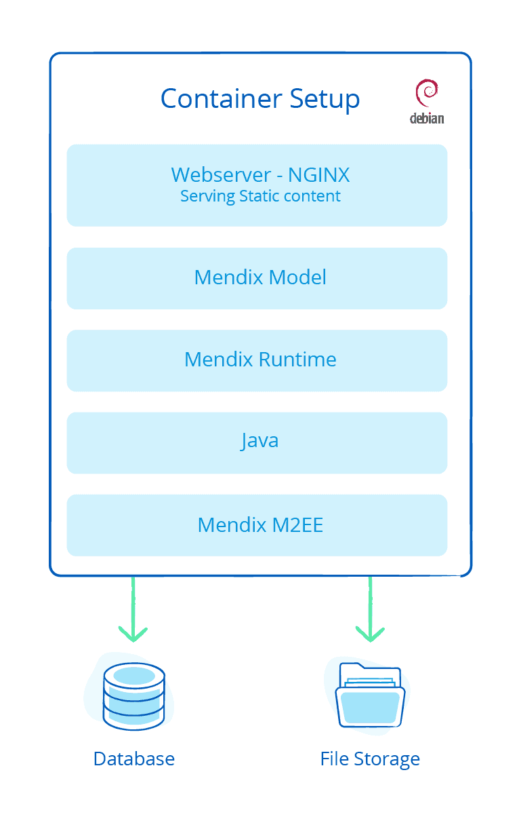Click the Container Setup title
[x=259, y=99]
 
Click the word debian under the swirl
[x=427, y=118]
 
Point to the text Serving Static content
[x=260, y=197]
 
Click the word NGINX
[x=318, y=175]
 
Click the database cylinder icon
[x=133, y=696]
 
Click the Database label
[x=134, y=759]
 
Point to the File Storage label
[x=370, y=759]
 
